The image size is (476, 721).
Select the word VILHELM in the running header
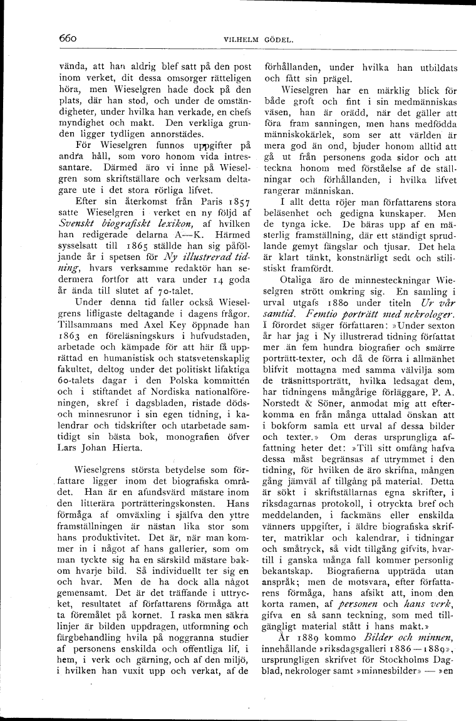click(x=235, y=42)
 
